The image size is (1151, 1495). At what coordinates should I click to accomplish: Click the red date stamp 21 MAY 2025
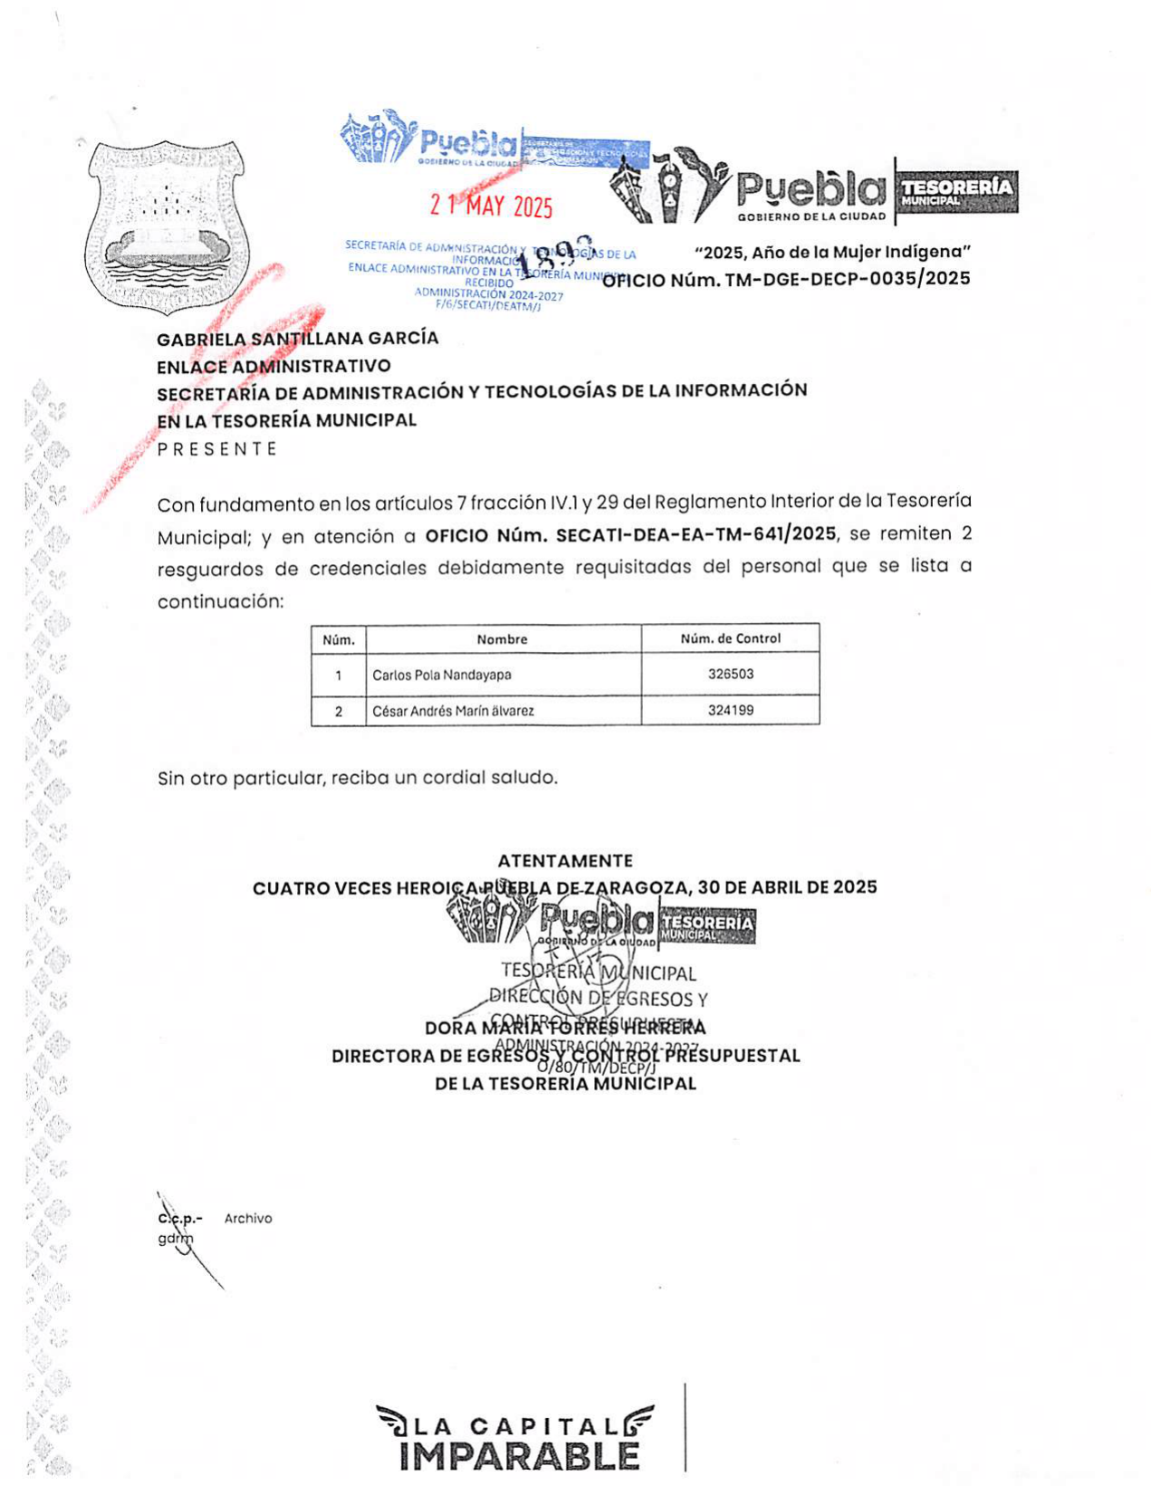point(491,206)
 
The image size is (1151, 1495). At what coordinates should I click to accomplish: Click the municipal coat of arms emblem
point(165,225)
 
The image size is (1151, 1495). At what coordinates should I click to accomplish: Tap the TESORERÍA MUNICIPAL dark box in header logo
point(956,191)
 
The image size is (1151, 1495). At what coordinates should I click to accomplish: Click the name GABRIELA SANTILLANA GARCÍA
point(297,339)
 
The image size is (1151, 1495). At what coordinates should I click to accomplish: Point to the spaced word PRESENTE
point(217,449)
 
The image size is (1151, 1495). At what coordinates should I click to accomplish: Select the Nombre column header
point(502,639)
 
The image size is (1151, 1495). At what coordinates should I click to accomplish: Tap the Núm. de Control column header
point(730,638)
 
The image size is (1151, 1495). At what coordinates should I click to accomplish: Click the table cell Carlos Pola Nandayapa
point(442,676)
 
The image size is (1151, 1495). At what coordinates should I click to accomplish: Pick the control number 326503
point(730,675)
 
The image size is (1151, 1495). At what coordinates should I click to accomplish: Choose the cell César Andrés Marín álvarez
point(453,712)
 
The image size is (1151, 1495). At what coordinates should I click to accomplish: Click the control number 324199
point(730,711)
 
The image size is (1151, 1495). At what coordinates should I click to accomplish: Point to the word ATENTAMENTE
point(565,861)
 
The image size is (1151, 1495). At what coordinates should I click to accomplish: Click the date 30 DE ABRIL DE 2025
point(787,887)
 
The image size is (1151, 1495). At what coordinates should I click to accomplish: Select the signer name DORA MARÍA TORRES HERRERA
point(565,1029)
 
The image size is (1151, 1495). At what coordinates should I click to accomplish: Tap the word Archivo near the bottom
point(248,1219)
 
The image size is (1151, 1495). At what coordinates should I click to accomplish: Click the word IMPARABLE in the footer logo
point(519,1456)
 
